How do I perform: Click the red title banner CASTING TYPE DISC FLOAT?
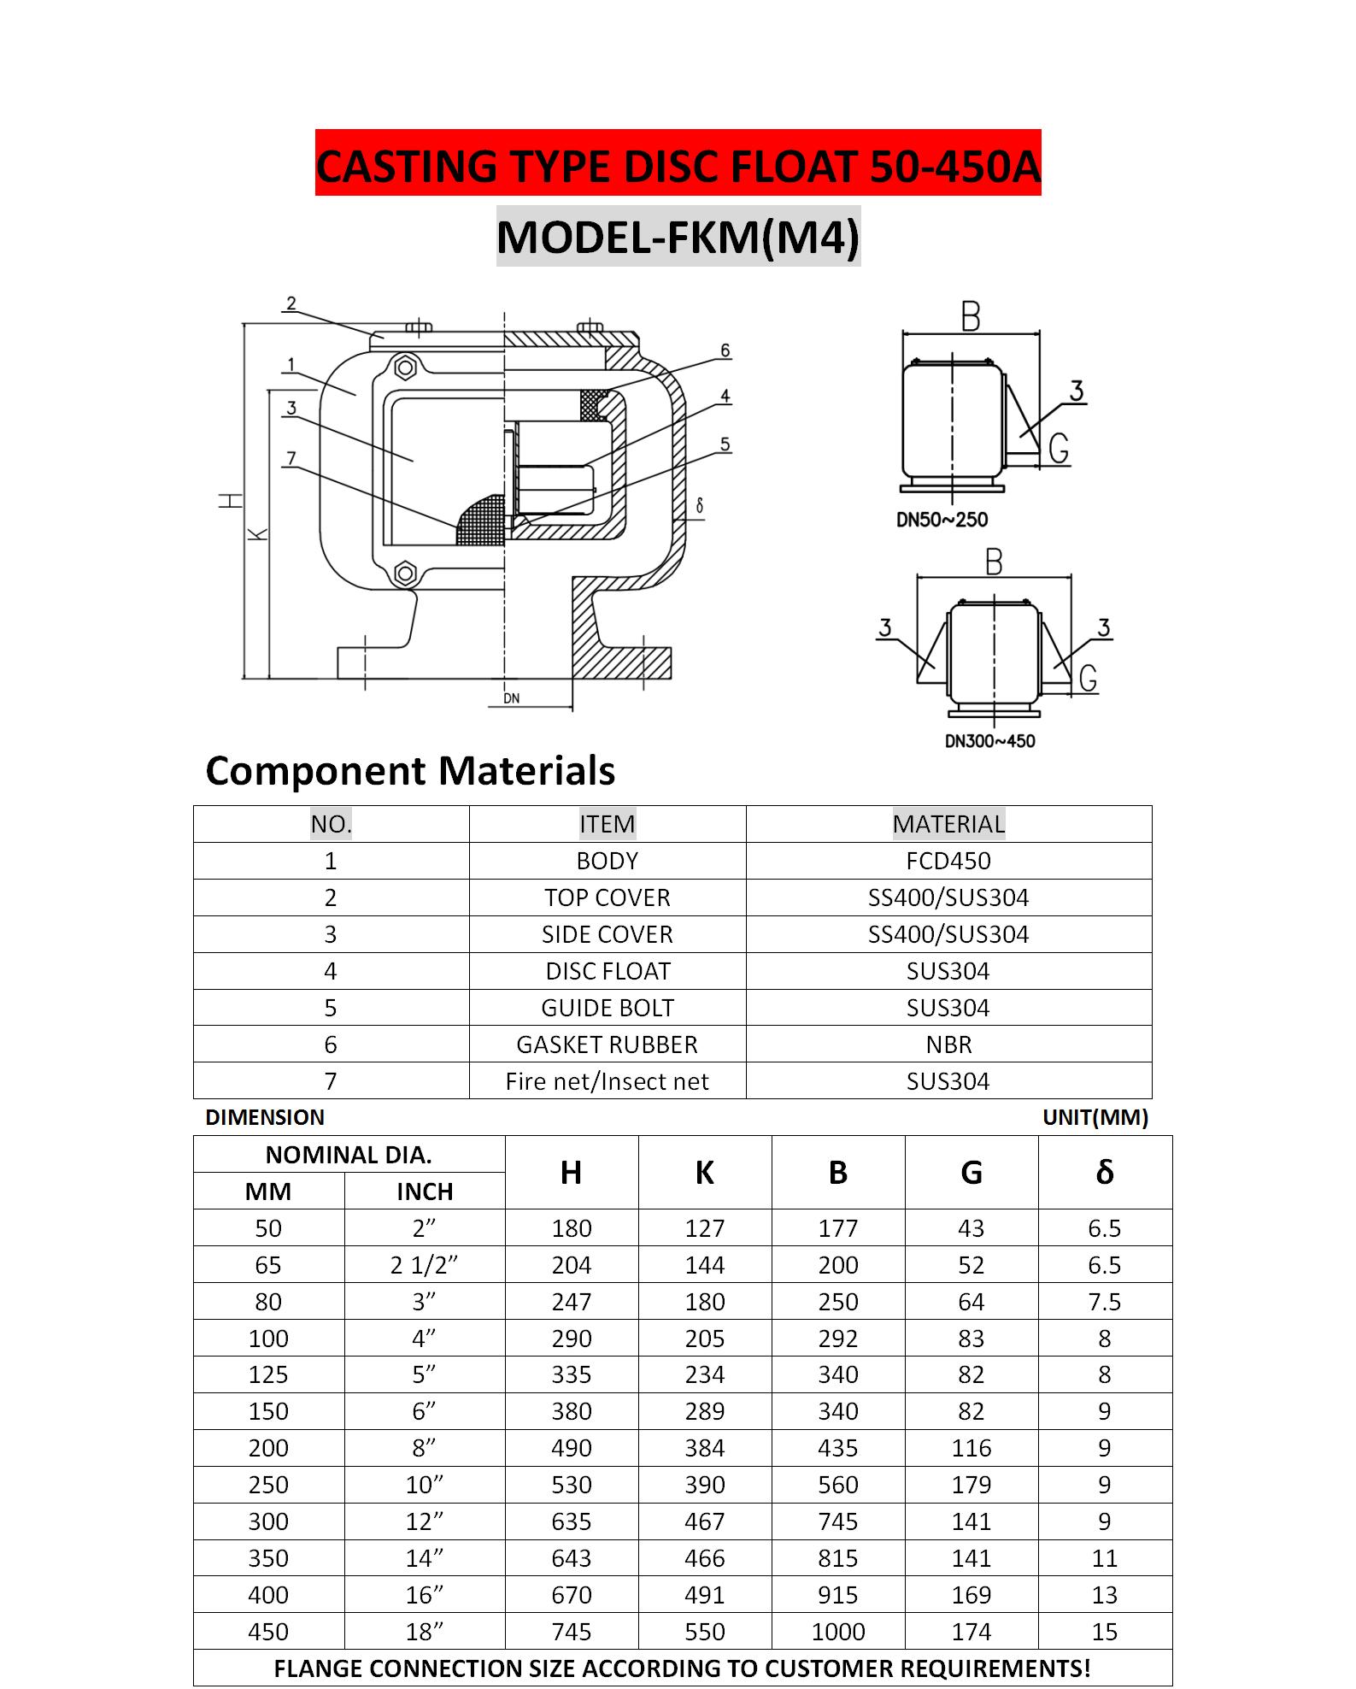pos(678,164)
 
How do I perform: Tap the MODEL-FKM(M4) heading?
pos(678,237)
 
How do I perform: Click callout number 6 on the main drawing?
pos(725,350)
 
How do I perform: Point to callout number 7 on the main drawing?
pos(291,459)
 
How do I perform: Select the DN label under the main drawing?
pos(511,698)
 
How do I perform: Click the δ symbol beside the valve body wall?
pos(700,506)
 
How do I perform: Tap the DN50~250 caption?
pos(942,520)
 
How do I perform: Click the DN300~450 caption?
pos(989,741)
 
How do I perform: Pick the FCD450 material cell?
pos(948,861)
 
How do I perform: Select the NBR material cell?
pos(948,1045)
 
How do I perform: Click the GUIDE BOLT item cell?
pos(608,1008)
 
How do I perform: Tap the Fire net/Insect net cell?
pos(608,1081)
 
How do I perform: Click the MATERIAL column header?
pos(948,824)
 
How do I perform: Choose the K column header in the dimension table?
pos(704,1173)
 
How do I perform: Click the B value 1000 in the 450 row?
pos(837,1632)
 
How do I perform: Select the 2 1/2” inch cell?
pos(425,1265)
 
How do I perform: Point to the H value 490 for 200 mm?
pos(571,1448)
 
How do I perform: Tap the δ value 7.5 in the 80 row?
pos(1104,1302)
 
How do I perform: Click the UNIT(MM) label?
pos(1095,1117)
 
